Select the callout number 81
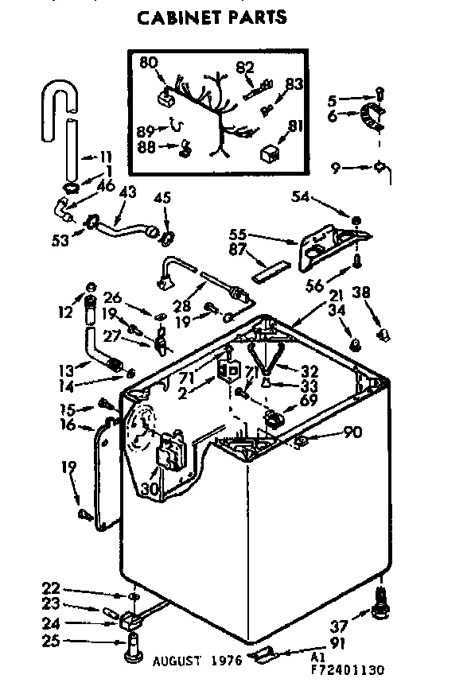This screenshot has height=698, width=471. pos(295,125)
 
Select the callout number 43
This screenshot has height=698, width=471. pos(127,192)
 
